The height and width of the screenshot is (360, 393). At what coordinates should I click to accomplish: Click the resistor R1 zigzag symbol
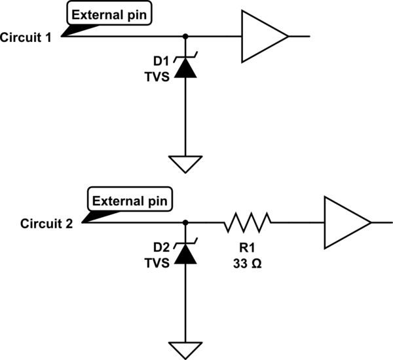tap(247, 223)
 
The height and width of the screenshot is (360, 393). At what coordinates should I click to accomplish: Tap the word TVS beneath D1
tap(159, 77)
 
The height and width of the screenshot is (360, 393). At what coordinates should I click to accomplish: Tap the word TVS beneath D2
tap(159, 263)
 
